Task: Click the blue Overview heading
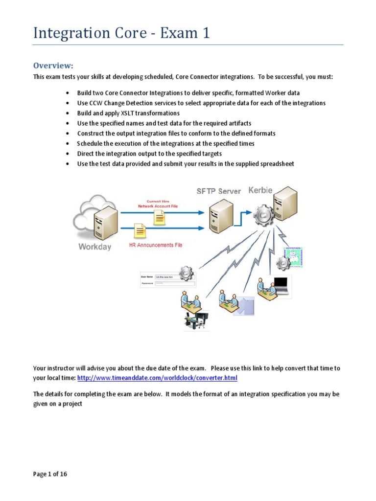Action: coord(53,66)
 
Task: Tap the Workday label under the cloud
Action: coord(95,247)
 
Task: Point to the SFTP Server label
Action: coord(219,191)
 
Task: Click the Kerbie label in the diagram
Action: coord(260,190)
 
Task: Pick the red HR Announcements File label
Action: coord(156,245)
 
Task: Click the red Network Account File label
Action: coord(158,206)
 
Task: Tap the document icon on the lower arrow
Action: coord(140,231)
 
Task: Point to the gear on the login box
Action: coord(187,273)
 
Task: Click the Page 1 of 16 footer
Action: coord(50,474)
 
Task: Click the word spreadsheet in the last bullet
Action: coord(277,164)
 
